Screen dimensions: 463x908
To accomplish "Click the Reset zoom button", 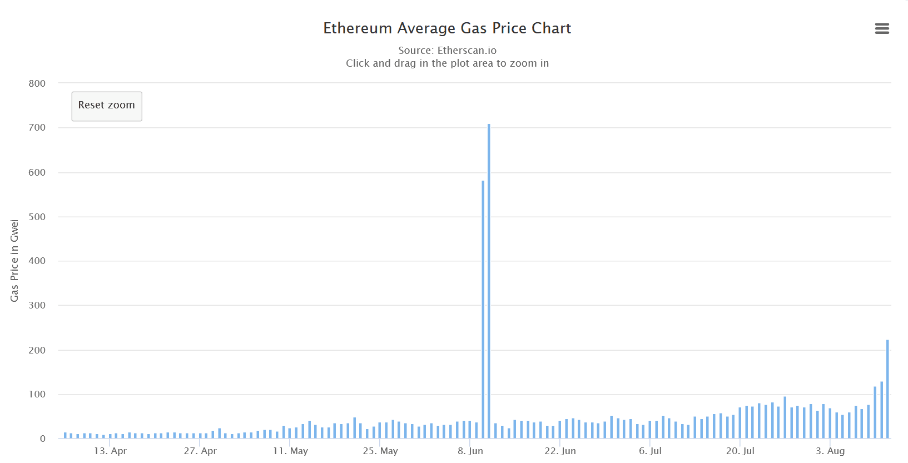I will (107, 106).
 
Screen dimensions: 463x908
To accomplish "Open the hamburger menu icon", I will (882, 28).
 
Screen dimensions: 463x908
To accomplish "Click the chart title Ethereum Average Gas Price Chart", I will (447, 28).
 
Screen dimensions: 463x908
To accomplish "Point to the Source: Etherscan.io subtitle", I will (447, 51).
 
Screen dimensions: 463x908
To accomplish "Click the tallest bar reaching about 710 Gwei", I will (489, 278).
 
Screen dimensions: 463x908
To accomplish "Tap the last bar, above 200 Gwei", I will (887, 389).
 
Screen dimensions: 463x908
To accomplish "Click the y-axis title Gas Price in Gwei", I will (14, 261).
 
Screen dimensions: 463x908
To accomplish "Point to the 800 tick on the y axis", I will (37, 83).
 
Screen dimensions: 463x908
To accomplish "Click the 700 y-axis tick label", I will (37, 128).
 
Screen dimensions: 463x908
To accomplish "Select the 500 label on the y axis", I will (37, 217).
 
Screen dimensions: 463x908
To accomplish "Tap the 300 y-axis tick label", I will (37, 305).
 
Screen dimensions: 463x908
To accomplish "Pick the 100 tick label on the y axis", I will (37, 394).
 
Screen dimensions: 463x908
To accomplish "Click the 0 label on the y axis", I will (43, 439).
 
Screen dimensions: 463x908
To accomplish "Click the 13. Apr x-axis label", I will (110, 451).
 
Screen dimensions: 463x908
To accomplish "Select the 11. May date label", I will (290, 451).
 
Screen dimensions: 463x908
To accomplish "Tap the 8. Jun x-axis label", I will (470, 451).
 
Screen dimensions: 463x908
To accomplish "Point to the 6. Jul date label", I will (650, 451).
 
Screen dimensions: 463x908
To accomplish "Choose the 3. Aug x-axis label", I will (830, 451).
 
